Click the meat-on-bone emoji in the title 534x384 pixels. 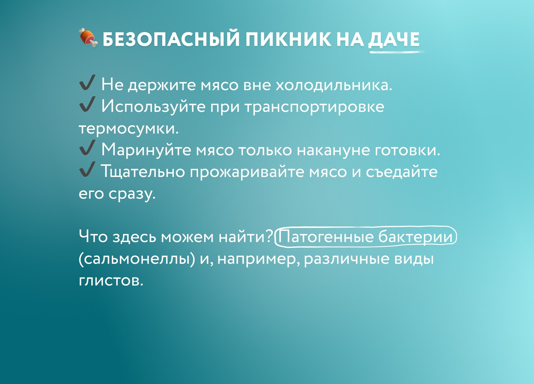click(88, 38)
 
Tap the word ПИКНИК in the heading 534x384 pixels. click(288, 39)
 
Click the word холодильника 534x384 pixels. click(334, 85)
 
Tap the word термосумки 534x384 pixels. click(128, 129)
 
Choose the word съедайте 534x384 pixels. click(402, 172)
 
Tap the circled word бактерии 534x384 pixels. click(416, 237)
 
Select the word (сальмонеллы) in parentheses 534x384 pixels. click(137, 259)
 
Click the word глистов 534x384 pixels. click(111, 280)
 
